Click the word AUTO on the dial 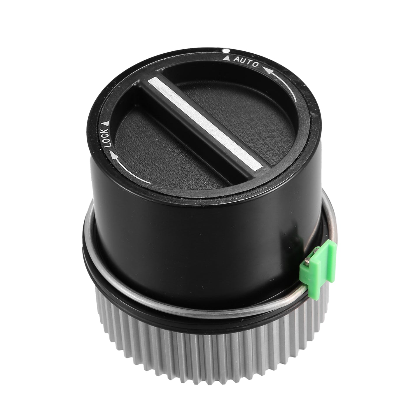pyautogui.click(x=246, y=62)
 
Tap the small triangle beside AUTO pyautogui.click(x=227, y=58)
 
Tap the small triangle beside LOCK pyautogui.click(x=106, y=123)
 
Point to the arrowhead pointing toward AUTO pyautogui.click(x=268, y=70)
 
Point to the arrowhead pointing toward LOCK pyautogui.click(x=113, y=156)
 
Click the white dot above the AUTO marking pyautogui.click(x=226, y=51)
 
